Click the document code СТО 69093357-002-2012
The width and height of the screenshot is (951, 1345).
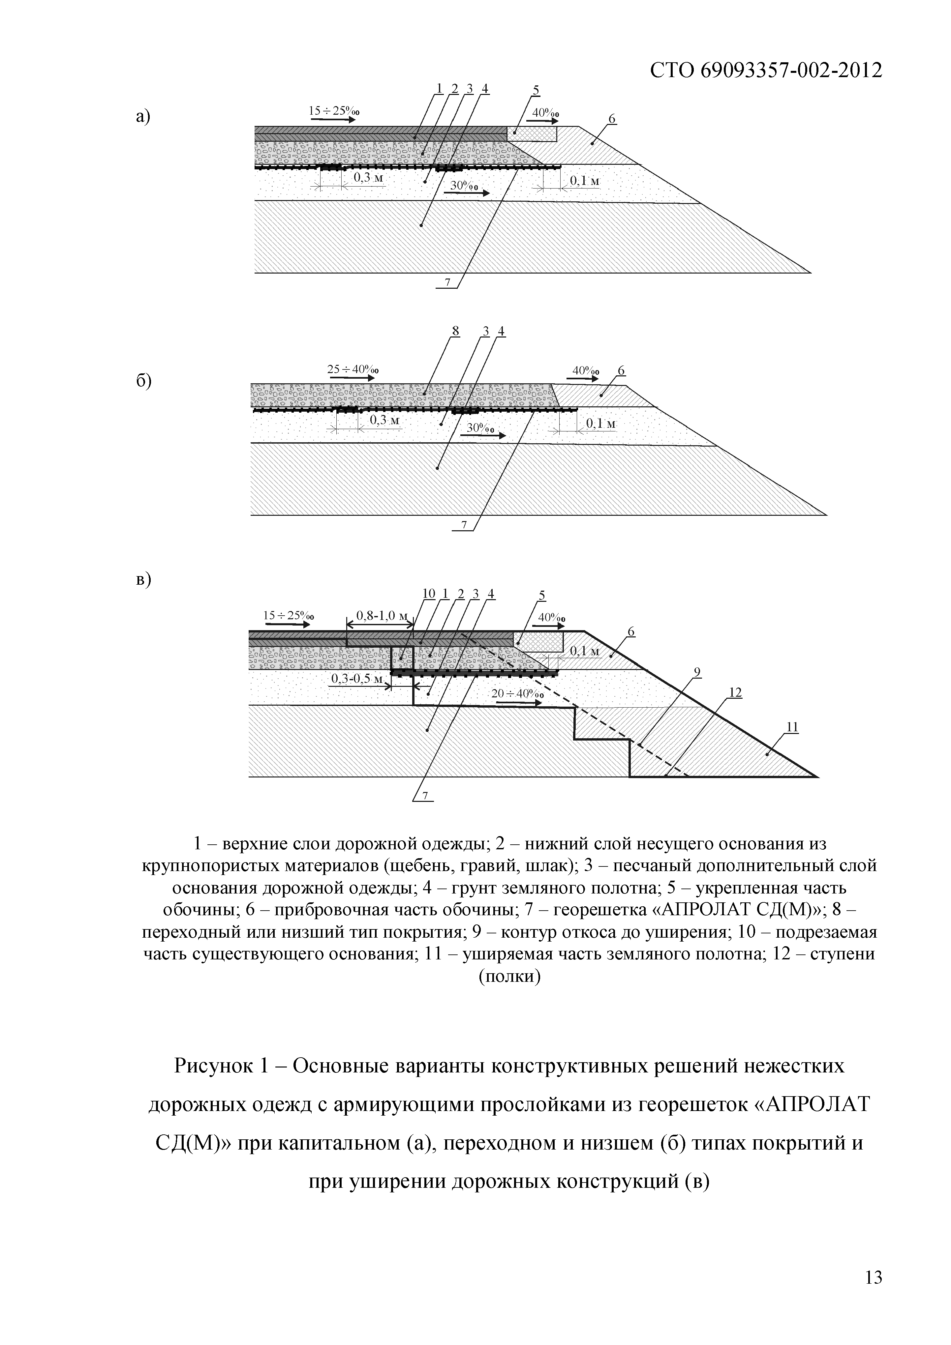click(766, 71)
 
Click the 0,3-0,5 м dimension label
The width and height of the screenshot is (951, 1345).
click(356, 679)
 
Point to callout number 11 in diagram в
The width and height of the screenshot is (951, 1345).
click(792, 727)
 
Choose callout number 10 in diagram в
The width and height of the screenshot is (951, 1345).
click(429, 594)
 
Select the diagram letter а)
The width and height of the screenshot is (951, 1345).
click(143, 117)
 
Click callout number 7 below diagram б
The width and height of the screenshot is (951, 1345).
click(464, 525)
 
